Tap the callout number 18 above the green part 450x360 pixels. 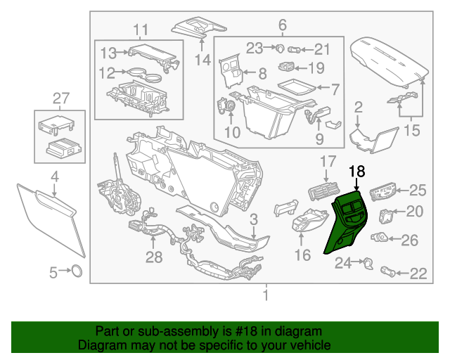[357, 172]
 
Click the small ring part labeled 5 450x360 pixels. [76, 271]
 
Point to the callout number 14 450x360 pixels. [203, 60]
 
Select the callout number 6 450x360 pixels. [283, 26]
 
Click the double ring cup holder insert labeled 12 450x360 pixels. [139, 72]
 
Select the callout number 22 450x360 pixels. [418, 274]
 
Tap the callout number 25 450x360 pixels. [418, 189]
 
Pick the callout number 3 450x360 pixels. [254, 219]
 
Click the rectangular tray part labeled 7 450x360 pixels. [296, 86]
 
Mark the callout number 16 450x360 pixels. [302, 255]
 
